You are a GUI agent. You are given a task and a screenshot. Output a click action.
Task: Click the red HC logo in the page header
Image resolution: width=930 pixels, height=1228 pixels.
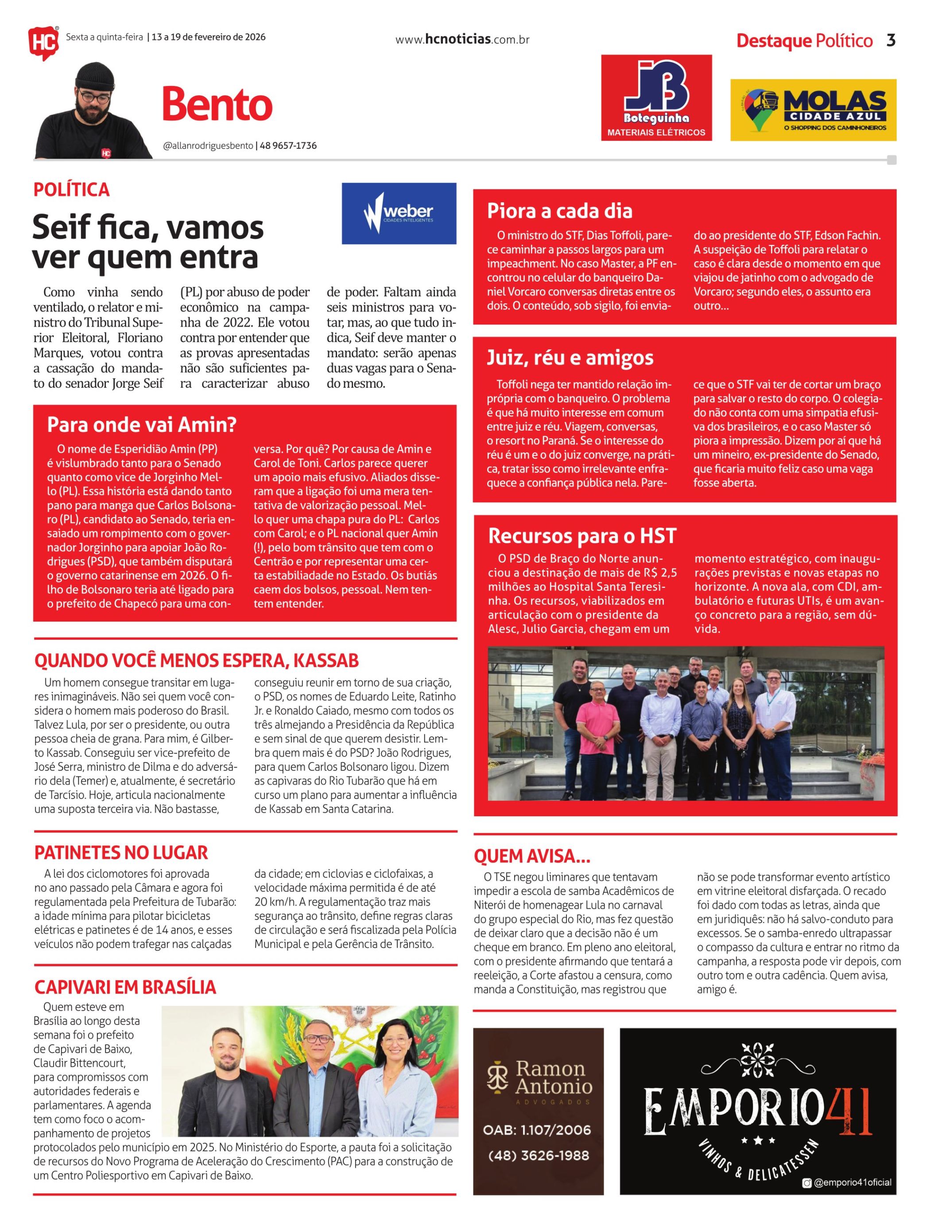click(43, 42)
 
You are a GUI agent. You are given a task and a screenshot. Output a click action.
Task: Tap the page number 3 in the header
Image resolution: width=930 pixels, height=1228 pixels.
click(891, 40)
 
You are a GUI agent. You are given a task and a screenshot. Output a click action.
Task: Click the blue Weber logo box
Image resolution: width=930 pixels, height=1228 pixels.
click(399, 213)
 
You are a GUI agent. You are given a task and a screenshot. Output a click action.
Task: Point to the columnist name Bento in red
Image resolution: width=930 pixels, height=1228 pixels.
click(217, 104)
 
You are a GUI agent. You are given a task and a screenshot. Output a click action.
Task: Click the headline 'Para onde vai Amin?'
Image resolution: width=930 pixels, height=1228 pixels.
click(142, 425)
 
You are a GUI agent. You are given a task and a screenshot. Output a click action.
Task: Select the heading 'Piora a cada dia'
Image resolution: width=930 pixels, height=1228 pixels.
click(559, 211)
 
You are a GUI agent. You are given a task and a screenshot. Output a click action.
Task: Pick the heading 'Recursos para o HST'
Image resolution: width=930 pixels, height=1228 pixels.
click(582, 536)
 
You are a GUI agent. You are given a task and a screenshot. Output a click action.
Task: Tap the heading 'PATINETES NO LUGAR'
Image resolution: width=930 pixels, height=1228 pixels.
click(121, 852)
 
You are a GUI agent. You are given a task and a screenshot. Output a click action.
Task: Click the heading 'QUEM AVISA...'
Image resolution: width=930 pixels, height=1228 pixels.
click(531, 856)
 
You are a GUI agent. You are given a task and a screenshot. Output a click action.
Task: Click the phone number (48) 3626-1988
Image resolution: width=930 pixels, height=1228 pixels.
click(538, 1155)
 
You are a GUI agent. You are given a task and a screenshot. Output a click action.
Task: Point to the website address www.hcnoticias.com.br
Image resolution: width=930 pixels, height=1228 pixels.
click(462, 39)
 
